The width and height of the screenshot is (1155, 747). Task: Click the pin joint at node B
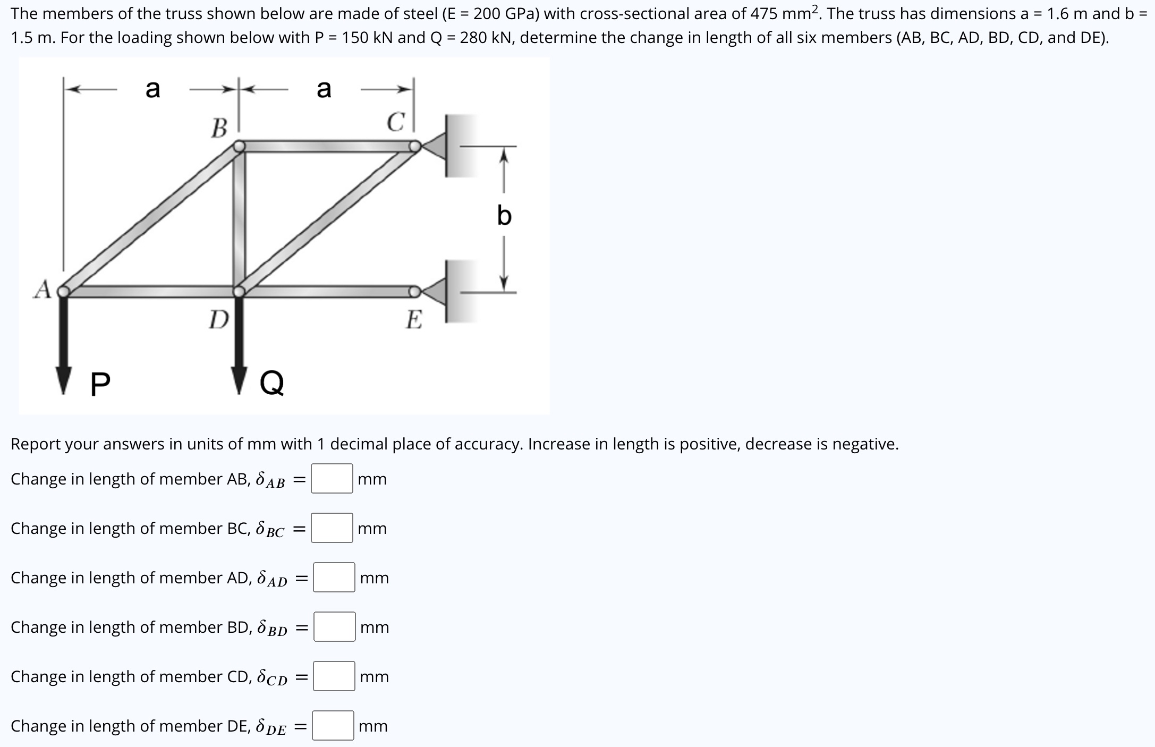click(x=240, y=146)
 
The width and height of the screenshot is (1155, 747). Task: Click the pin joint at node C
click(x=415, y=146)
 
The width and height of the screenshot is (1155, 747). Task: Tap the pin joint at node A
click(x=64, y=291)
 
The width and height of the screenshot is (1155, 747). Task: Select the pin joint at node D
click(x=240, y=291)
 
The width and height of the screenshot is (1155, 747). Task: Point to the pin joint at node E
click(x=414, y=291)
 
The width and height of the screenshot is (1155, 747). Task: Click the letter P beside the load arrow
click(x=100, y=384)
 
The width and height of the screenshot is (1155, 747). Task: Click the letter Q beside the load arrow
click(x=272, y=383)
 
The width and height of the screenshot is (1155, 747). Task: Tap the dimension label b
click(x=504, y=216)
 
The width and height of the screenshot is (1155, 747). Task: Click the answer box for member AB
click(x=332, y=479)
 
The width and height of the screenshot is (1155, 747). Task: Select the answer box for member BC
click(x=332, y=528)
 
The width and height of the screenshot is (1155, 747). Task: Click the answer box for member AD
click(x=334, y=578)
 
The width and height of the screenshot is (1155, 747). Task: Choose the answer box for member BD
click(x=334, y=627)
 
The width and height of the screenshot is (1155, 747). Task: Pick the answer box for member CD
click(x=334, y=676)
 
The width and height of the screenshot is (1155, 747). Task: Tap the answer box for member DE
click(x=333, y=726)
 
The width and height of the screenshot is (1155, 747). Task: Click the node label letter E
click(x=414, y=320)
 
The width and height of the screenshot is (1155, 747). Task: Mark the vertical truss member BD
click(x=240, y=218)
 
